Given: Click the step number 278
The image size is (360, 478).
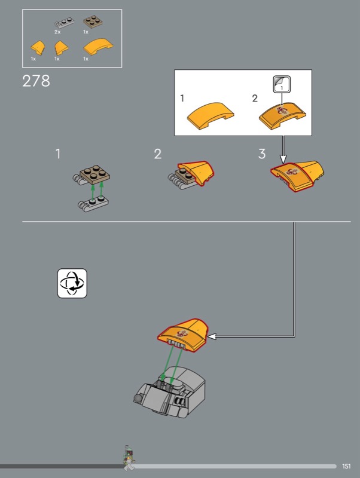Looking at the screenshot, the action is coord(36,81).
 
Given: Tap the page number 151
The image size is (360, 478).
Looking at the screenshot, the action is coord(346,466).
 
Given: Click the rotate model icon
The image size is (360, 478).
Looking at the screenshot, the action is coord(72,283).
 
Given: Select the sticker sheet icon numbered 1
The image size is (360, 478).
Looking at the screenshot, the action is coord(282,84).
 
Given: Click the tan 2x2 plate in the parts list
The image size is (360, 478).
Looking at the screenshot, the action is coord(93,22).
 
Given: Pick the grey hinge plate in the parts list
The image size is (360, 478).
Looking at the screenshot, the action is coord(64,23).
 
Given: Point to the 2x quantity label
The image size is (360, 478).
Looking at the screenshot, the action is coord(57,32).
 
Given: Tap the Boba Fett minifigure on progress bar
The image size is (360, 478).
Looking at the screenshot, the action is coord(129,458).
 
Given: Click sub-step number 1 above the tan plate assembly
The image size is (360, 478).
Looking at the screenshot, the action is coord(58,154).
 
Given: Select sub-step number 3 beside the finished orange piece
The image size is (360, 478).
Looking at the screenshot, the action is coord(262,154).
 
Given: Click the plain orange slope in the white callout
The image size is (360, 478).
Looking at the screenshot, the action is coord(210,116).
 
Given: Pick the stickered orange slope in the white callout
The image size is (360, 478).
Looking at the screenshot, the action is coord(282,116).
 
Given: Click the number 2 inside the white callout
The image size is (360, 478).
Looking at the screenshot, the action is coord(255,98).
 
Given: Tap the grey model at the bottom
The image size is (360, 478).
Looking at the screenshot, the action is coord(169,392).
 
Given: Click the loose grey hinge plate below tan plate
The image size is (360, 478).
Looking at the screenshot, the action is coord(93,204).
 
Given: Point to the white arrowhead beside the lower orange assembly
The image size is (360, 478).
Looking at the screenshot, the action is coord(212,336).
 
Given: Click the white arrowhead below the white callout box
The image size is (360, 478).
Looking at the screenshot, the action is coord(283,159).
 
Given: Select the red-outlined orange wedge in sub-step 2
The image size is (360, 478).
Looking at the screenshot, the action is coord(196,173).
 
